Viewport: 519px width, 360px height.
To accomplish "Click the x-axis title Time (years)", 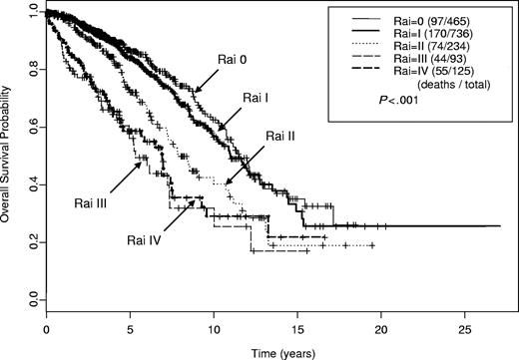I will click(270, 352).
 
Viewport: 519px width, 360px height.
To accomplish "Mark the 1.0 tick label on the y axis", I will click(33, 15).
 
